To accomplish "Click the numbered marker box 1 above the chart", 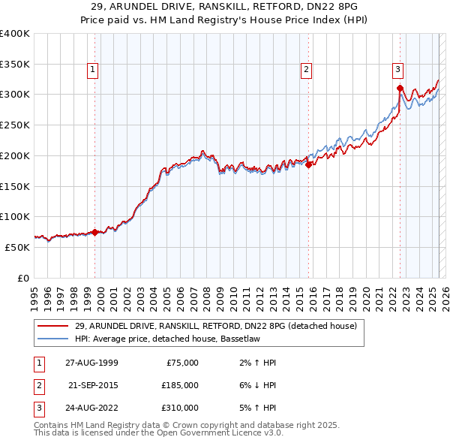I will pyautogui.click(x=93, y=71).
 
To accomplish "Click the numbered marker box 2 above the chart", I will pyautogui.click(x=306, y=71).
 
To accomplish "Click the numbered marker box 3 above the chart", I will pyautogui.click(x=397, y=71).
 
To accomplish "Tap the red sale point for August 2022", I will pyautogui.click(x=400, y=89).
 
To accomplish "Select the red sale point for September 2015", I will pyautogui.click(x=308, y=165).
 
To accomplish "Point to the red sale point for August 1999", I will pyautogui.click(x=95, y=232).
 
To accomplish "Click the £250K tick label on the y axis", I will pyautogui.click(x=15, y=125).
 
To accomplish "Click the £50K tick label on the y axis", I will pyautogui.click(x=17, y=247).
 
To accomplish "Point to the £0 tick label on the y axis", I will pyautogui.click(x=22, y=278).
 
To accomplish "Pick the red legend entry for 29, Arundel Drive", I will pyautogui.click(x=219, y=326).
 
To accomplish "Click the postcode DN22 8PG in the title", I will pyautogui.click(x=332, y=6).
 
